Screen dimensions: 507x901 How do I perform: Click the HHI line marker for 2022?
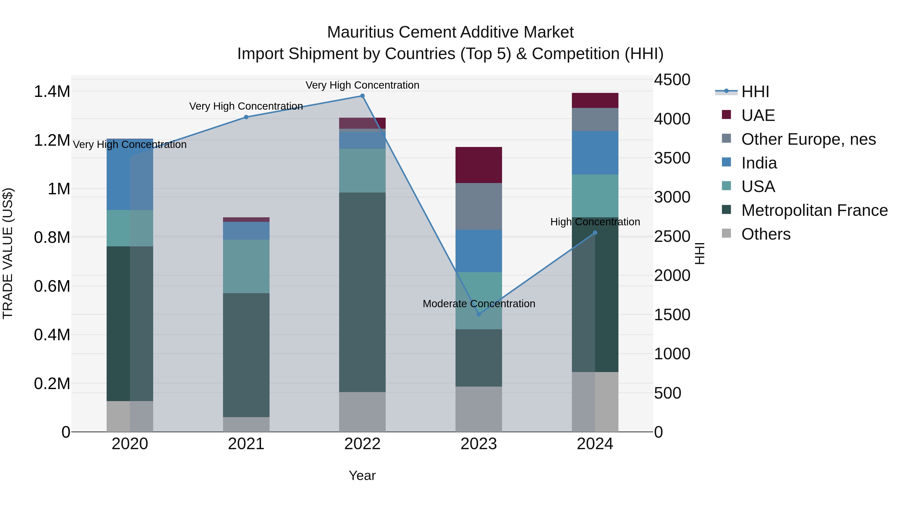pos(362,96)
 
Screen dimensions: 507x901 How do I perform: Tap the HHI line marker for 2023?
pos(479,314)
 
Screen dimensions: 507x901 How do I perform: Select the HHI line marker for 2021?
pos(246,117)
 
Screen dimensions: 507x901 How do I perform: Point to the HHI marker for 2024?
pos(595,233)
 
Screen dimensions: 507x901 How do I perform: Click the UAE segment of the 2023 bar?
pos(479,165)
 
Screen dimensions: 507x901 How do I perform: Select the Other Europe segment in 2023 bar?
pos(479,207)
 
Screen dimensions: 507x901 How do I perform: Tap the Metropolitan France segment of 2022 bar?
pos(362,292)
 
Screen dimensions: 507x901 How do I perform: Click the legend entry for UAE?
pos(758,115)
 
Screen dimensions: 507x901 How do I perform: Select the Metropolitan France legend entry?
pos(814,210)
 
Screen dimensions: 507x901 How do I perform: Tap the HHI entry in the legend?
pos(755,92)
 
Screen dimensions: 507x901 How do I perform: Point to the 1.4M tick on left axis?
pos(52,92)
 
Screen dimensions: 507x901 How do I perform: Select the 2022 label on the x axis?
pos(362,444)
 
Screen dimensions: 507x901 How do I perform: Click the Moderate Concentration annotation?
pos(479,304)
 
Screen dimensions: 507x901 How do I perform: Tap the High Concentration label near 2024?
pos(595,222)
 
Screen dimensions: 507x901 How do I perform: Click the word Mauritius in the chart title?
pos(360,32)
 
